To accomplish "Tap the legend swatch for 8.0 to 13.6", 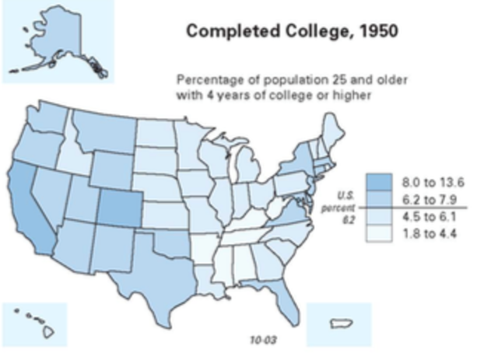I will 379,183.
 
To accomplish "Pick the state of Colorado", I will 120,205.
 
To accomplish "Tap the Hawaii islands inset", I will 36,323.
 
